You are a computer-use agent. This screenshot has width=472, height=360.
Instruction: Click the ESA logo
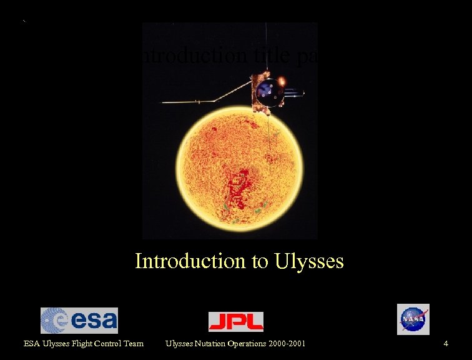click(x=79, y=320)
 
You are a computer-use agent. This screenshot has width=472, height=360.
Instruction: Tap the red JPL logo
click(x=235, y=321)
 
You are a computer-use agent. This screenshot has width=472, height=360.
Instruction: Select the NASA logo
click(x=413, y=319)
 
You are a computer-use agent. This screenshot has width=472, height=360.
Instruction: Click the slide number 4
click(x=446, y=343)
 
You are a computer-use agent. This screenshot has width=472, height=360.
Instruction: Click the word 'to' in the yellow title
click(x=260, y=261)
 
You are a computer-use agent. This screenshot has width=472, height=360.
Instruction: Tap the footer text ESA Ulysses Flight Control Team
click(x=84, y=343)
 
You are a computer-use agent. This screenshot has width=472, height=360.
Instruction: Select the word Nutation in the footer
click(x=213, y=343)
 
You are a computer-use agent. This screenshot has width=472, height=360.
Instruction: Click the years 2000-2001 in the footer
click(x=285, y=343)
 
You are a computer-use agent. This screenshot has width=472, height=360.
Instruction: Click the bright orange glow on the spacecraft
click(x=282, y=81)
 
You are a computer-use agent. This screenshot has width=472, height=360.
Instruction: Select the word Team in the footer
click(x=133, y=343)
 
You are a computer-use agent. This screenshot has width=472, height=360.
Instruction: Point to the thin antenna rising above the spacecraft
click(x=267, y=47)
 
